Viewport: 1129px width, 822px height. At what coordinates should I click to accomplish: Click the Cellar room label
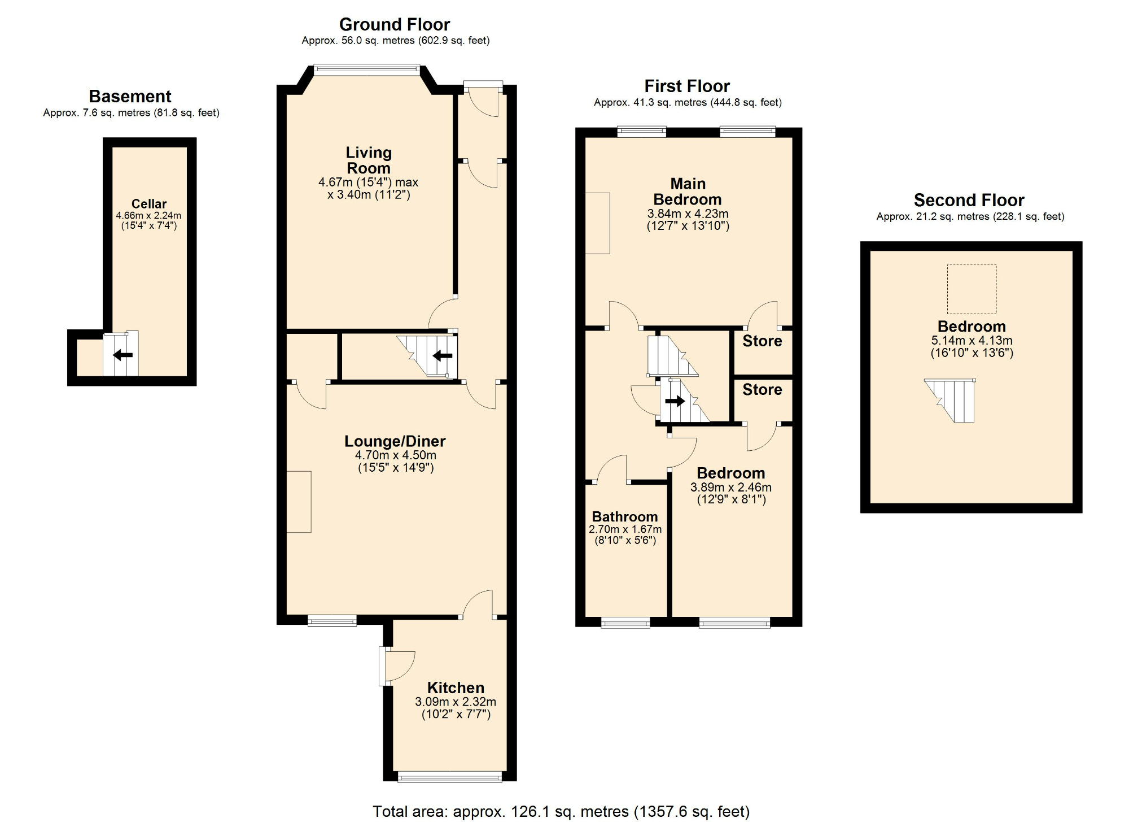149,204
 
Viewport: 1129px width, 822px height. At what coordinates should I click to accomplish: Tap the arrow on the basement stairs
123,355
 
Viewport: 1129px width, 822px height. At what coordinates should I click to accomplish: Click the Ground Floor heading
394,24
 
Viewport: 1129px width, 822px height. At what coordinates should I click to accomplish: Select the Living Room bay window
367,70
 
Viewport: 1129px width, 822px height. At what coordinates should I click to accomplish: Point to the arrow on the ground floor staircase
443,356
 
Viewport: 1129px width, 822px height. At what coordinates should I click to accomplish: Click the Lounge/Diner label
395,441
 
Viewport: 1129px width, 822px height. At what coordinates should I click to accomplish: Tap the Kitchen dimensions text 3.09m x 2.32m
456,702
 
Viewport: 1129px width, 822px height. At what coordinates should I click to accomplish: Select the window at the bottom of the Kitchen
450,777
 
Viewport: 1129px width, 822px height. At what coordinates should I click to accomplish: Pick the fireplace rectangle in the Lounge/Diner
299,502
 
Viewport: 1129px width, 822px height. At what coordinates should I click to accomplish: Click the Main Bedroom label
688,192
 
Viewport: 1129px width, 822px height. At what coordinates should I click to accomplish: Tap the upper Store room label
762,341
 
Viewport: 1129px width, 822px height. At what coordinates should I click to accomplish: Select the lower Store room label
762,390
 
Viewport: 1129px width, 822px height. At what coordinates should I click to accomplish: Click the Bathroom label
625,517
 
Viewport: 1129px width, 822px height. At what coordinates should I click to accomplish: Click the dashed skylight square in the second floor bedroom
972,289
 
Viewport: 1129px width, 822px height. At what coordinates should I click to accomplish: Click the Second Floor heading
969,201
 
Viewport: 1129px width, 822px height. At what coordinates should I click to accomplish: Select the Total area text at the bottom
561,812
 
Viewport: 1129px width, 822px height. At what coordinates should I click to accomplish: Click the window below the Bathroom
625,623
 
